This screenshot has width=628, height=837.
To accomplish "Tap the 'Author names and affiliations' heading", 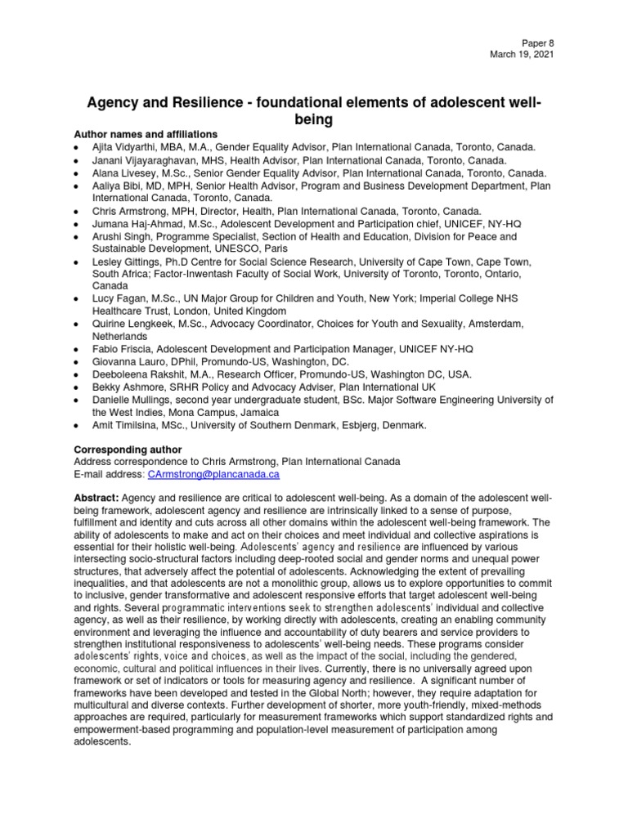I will (146, 133).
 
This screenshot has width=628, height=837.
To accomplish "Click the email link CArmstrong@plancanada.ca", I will (213, 474).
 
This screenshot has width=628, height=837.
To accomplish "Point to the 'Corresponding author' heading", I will (128, 450).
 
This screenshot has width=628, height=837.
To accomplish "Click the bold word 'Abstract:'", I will (97, 499).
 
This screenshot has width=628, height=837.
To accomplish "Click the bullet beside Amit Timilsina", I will (75, 426).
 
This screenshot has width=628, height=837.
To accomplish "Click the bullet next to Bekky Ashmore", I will (75, 387).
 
